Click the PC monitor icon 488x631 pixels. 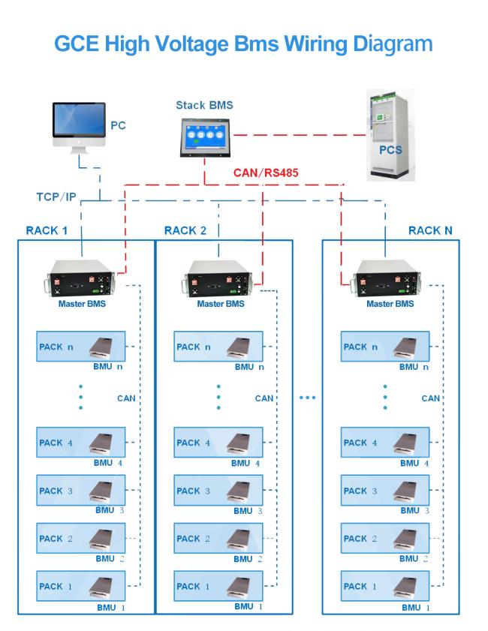click(79, 128)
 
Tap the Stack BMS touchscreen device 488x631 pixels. click(206, 137)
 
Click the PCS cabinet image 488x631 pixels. click(390, 135)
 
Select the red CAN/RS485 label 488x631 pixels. click(266, 173)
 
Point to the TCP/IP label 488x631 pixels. click(56, 197)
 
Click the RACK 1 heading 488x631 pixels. click(47, 230)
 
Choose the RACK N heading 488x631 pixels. click(430, 230)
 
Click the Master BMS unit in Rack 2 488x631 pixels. click(218, 278)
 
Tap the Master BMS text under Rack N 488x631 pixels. click(390, 304)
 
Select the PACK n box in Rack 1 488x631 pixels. click(81, 347)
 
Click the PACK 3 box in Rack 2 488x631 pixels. click(218, 490)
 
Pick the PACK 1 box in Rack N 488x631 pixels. click(385, 586)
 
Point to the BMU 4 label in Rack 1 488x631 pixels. click(108, 463)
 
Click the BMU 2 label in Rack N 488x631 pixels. click(414, 558)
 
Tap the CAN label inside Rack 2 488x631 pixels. click(264, 398)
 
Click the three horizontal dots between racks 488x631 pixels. click(308, 398)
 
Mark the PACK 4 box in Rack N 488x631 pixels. click(385, 442)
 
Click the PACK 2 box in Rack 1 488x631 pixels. click(81, 538)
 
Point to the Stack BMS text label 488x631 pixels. click(204, 106)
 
